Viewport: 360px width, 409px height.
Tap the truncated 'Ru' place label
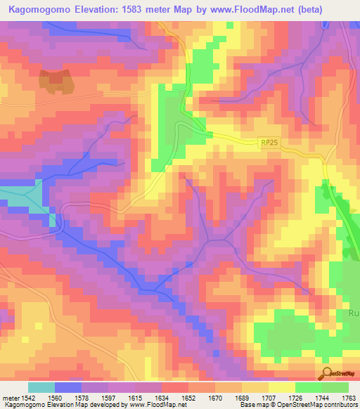tap(354, 312)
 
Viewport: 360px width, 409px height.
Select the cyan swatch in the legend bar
tap(41, 387)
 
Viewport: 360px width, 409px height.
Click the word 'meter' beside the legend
tap(11, 398)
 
